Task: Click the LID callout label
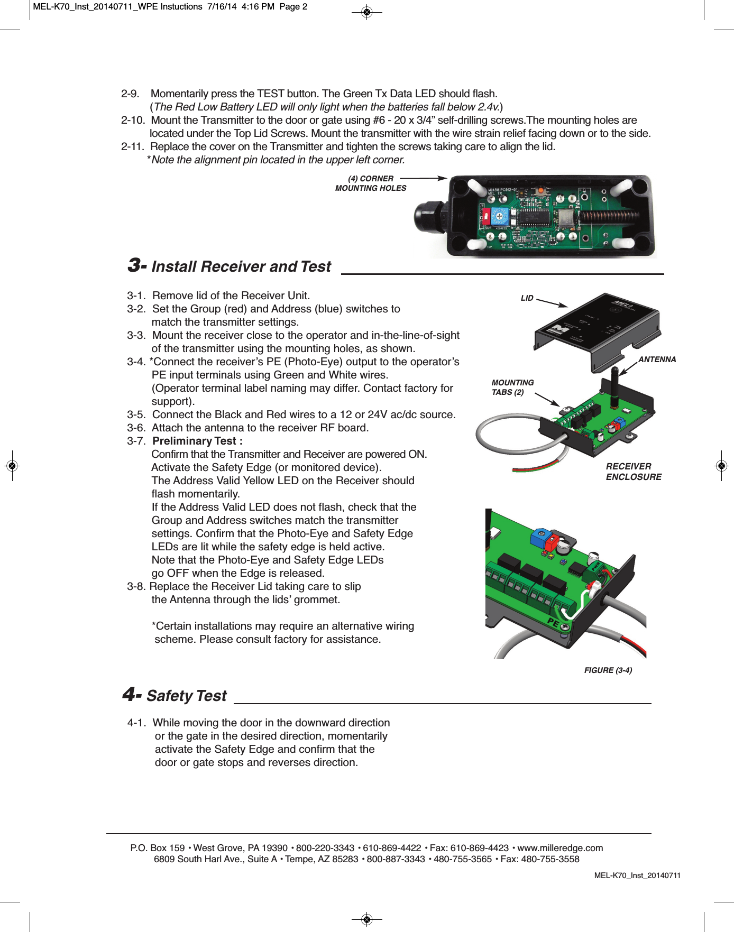pyautogui.click(x=527, y=298)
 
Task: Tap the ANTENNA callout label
pyautogui.click(x=657, y=359)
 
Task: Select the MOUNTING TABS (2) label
pyautogui.click(x=512, y=387)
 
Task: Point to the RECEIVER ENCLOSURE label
pyautogui.click(x=634, y=472)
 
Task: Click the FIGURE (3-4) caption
pyautogui.click(x=608, y=670)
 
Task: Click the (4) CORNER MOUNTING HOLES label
pyautogui.click(x=371, y=183)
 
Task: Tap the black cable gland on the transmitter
pyautogui.click(x=430, y=217)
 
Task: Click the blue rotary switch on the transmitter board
pyautogui.click(x=499, y=216)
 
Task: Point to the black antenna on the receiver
pyautogui.click(x=614, y=386)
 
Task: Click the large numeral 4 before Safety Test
pyautogui.click(x=130, y=695)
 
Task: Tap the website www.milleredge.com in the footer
pyautogui.click(x=560, y=848)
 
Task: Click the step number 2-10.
pyautogui.click(x=133, y=120)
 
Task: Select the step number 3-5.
pyautogui.click(x=136, y=414)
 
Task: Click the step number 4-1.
pyautogui.click(x=136, y=723)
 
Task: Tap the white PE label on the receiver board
pyautogui.click(x=553, y=622)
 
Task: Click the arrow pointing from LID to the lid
pyautogui.click(x=552, y=302)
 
